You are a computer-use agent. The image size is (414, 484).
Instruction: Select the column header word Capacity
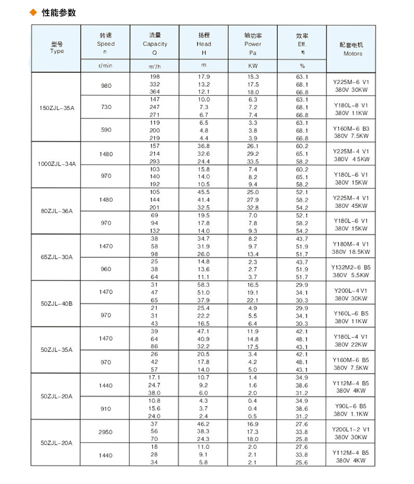click(155, 44)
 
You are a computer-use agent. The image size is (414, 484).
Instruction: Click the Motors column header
click(352, 53)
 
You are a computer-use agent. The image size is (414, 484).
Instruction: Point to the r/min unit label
click(106, 67)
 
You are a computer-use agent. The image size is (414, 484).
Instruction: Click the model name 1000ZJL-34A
click(57, 164)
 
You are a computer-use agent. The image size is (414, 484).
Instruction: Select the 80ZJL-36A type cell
click(57, 211)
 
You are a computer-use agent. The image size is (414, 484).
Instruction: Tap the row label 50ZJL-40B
click(57, 303)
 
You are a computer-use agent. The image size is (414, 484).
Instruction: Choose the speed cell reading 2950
click(106, 431)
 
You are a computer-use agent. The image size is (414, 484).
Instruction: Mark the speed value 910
click(106, 409)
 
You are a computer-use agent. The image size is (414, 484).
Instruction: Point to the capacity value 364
click(155, 91)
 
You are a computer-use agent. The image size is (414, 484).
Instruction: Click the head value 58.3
click(204, 285)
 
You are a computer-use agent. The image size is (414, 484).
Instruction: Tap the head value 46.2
click(204, 424)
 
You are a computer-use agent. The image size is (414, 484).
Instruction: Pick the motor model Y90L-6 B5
click(351, 406)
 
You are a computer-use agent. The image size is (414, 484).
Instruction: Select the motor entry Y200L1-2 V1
click(351, 429)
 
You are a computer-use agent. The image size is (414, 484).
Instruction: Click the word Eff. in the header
click(302, 44)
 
